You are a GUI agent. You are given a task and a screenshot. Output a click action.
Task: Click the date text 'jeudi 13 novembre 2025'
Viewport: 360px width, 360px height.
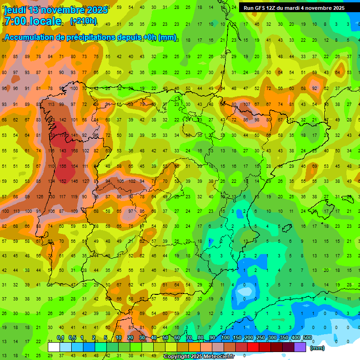click(56, 9)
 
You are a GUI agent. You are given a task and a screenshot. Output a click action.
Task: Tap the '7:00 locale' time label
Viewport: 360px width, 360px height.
click(32, 21)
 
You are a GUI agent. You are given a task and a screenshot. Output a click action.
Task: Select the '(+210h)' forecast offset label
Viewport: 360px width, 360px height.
click(83, 21)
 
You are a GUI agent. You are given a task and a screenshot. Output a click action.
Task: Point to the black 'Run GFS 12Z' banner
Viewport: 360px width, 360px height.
click(294, 7)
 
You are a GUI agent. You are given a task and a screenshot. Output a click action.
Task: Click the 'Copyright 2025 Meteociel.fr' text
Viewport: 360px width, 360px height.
click(203, 357)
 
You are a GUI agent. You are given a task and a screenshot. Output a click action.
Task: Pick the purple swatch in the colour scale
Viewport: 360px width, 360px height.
click(300, 347)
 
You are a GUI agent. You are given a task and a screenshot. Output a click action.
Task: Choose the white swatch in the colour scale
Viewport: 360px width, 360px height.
click(53, 347)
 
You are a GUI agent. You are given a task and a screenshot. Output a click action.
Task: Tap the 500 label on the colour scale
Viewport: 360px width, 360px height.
click(307, 337)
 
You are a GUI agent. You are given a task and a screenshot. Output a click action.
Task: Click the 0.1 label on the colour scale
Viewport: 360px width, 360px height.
click(60, 337)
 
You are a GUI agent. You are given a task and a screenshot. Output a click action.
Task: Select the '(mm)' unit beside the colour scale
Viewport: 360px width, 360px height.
click(317, 348)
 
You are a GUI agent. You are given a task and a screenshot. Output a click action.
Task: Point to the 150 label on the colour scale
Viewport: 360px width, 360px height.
click(237, 337)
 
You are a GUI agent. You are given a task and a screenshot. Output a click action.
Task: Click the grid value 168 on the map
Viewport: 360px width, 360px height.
click(74, 150)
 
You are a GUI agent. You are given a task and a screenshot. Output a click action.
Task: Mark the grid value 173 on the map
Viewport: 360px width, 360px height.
click(63, 135)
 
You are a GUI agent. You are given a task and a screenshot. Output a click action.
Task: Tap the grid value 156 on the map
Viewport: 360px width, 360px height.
click(62, 166)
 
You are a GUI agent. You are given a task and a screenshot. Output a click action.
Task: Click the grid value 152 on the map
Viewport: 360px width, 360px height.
click(62, 181)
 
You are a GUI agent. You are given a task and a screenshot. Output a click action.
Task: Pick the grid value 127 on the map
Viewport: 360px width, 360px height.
click(85, 181)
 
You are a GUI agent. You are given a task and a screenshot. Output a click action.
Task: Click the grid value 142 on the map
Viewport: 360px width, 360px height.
click(62, 120)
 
